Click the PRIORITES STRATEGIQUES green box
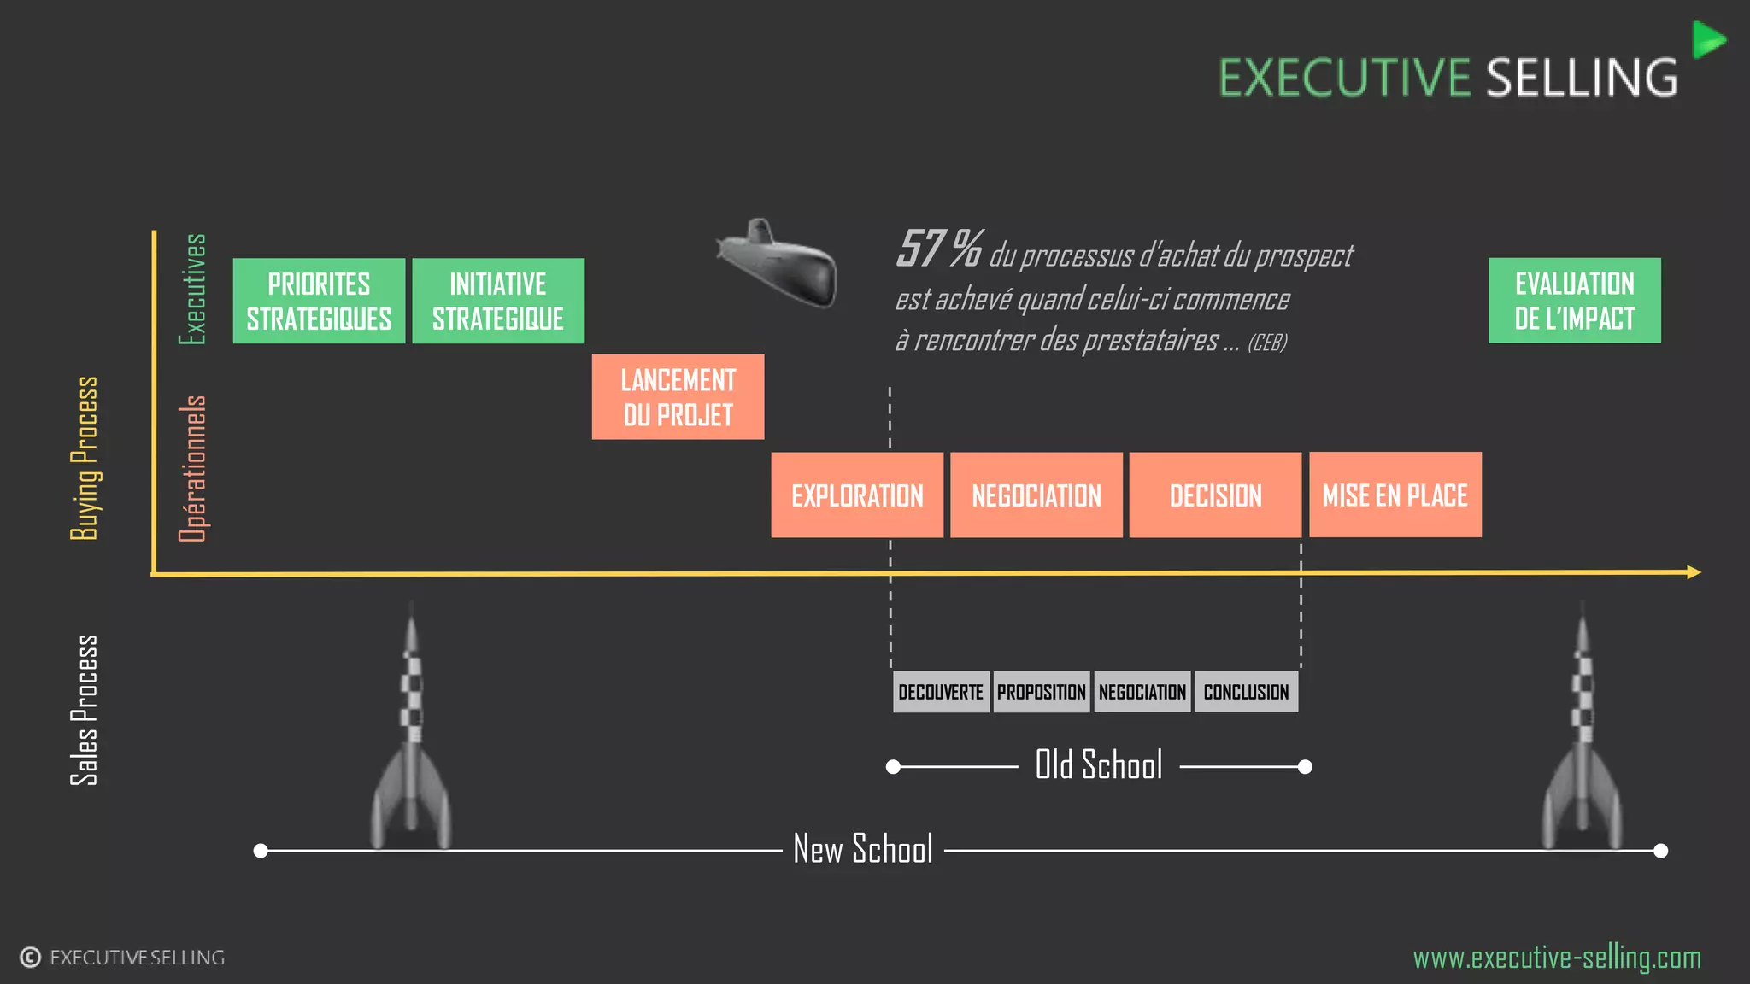319,301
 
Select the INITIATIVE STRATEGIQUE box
498,301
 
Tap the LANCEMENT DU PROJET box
678,397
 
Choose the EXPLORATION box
857,495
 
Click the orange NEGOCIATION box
1036,495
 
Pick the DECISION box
1215,495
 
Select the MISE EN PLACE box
1395,495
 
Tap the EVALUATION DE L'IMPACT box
1575,301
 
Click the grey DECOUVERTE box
941,692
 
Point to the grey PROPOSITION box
1042,692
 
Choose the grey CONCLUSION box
1246,692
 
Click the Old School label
1099,765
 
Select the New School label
863,849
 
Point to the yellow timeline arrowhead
1694,572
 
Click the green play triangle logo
1707,40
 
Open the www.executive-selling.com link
1557,958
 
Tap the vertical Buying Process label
84,458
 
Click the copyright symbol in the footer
31,958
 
